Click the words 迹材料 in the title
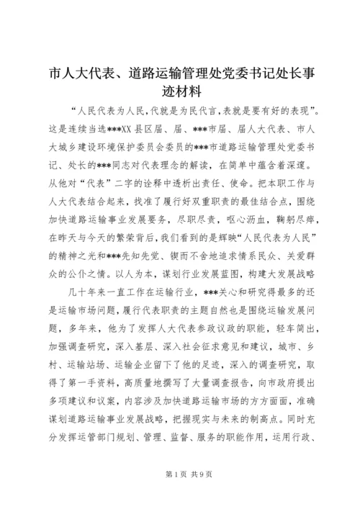[x=180, y=91]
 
